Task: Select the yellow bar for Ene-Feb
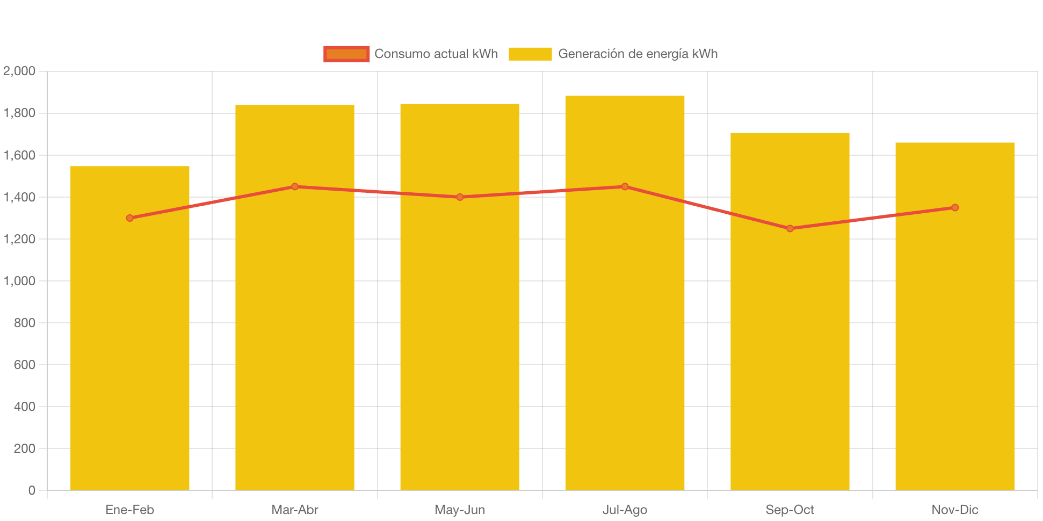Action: click(130, 349)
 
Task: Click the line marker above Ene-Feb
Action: click(130, 218)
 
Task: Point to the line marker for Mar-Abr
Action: click(295, 186)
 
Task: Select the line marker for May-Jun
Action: click(460, 197)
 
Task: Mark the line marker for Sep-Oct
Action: click(790, 228)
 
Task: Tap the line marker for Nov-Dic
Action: click(954, 207)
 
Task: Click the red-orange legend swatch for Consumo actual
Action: click(346, 54)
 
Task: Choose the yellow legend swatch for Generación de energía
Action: click(530, 54)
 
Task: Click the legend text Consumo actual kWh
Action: click(436, 54)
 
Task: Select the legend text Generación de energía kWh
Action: click(638, 54)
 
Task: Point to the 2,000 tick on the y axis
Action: click(19, 71)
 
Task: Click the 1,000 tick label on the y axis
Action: click(19, 281)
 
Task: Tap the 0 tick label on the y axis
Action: click(32, 490)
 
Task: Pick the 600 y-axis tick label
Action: click(25, 365)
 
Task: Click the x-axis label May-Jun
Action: click(460, 510)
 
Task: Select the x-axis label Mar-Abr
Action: click(295, 510)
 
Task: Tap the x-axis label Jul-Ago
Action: click(625, 510)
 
